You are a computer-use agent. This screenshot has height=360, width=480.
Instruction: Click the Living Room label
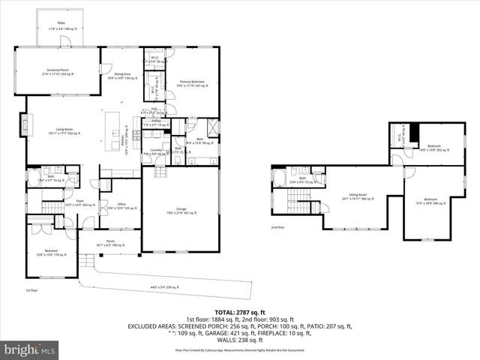pos(64,130)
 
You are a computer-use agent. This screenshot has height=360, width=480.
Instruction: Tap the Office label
pos(121,205)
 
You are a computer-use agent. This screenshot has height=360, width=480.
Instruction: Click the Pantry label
pos(156,122)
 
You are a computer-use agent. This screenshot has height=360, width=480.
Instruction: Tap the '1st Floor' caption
pos(31,289)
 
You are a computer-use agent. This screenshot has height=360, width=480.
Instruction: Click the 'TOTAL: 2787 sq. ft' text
pos(240,312)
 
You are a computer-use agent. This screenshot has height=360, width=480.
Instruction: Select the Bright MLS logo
pos(31,349)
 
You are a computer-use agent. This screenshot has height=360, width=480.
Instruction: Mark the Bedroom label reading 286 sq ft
pos(430,200)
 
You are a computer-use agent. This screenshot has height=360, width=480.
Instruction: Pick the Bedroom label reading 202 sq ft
pos(434,148)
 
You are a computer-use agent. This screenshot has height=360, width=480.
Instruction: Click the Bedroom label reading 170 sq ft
pos(51,253)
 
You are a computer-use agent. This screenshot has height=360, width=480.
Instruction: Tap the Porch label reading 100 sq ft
pos(109,242)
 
